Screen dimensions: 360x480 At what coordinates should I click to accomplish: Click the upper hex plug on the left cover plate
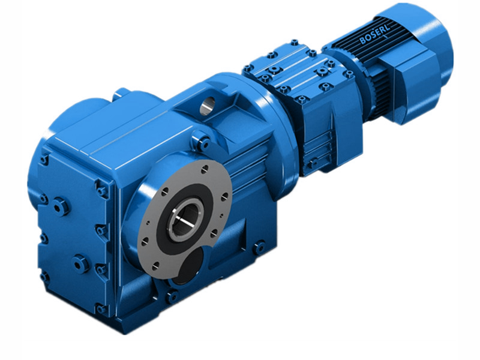tap(60, 207)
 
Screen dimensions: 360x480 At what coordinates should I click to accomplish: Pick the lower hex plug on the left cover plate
tap(79, 263)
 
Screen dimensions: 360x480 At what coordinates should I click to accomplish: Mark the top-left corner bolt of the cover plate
tap(44, 159)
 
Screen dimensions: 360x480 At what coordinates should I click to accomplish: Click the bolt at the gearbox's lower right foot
tap(259, 245)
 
